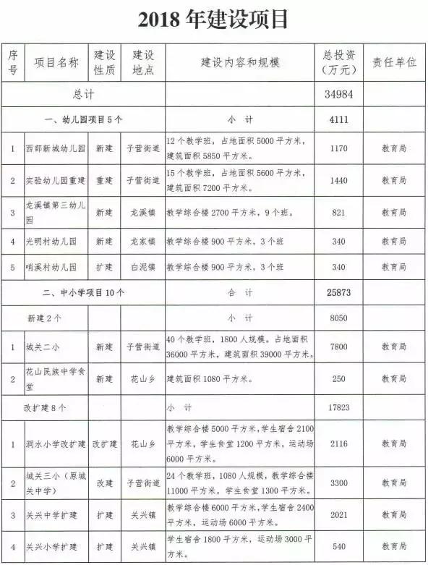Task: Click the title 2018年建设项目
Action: pyautogui.click(x=213, y=20)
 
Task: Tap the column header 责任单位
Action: pyautogui.click(x=394, y=63)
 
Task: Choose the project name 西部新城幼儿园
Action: pyautogui.click(x=55, y=149)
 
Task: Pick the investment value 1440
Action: pyautogui.click(x=338, y=181)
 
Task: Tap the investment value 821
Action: pyautogui.click(x=338, y=213)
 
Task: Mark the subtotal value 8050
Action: pyautogui.click(x=338, y=318)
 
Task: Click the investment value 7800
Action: pyautogui.click(x=338, y=347)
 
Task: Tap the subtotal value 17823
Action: pyautogui.click(x=338, y=407)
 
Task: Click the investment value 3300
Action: pyautogui.click(x=338, y=482)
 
